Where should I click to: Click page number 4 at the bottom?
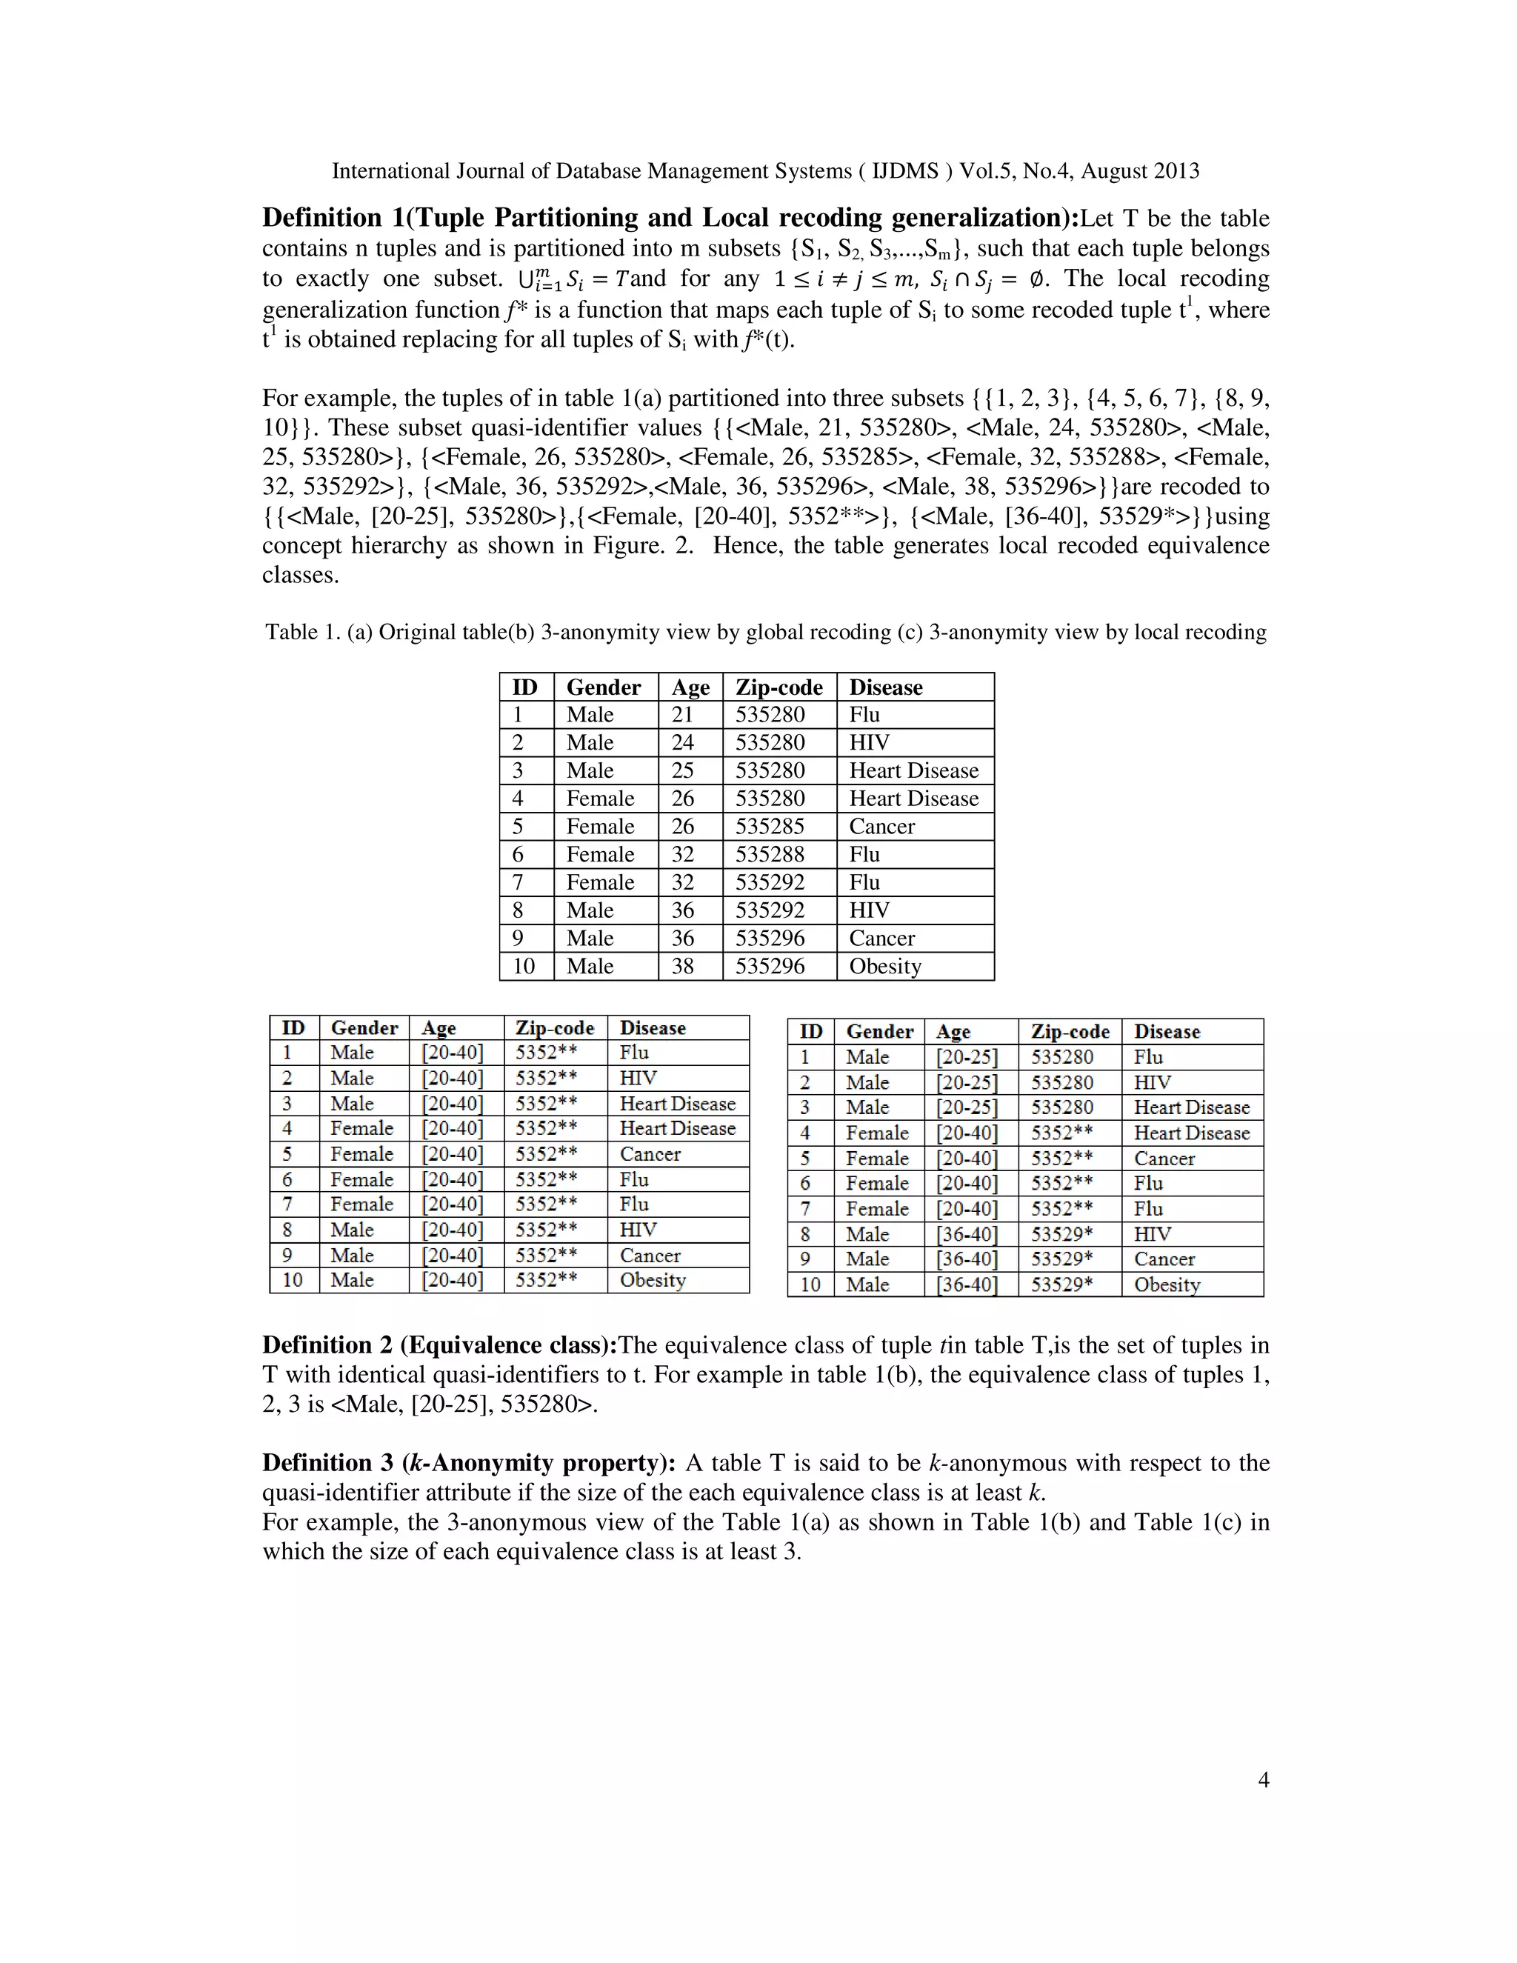pyautogui.click(x=1263, y=1779)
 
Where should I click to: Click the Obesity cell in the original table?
pyautogui.click(x=885, y=966)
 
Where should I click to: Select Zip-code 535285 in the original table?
pyautogui.click(x=770, y=826)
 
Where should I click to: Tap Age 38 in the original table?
pyautogui.click(x=682, y=966)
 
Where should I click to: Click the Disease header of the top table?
pyautogui.click(x=885, y=687)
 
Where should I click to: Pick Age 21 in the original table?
pyautogui.click(x=682, y=715)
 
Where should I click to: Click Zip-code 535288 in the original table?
pyautogui.click(x=770, y=854)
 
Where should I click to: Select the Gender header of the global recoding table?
pyautogui.click(x=364, y=1027)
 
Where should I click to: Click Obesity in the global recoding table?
pyautogui.click(x=653, y=1280)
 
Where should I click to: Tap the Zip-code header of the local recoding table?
pyautogui.click(x=1070, y=1031)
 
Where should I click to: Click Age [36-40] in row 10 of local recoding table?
pyautogui.click(x=966, y=1284)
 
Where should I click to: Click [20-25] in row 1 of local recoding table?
pyautogui.click(x=966, y=1057)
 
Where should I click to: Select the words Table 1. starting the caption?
pyautogui.click(x=303, y=632)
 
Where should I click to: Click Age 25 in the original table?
pyautogui.click(x=682, y=770)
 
